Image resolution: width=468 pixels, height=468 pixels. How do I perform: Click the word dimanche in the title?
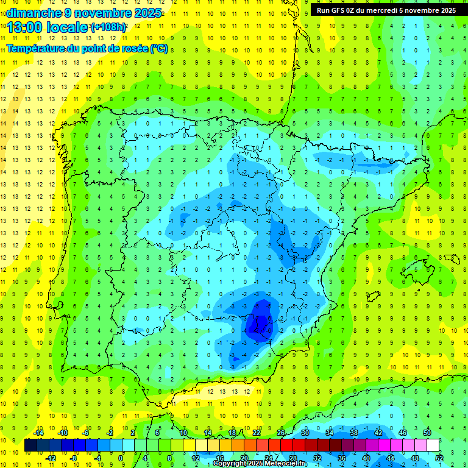click(29, 13)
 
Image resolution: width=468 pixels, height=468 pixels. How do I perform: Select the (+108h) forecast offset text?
click(108, 27)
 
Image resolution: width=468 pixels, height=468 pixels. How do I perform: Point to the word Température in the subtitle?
click(35, 49)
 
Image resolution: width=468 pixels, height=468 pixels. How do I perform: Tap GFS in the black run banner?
click(340, 10)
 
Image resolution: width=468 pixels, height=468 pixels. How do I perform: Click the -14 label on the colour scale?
click(38, 433)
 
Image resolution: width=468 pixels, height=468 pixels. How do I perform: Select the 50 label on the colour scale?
click(427, 433)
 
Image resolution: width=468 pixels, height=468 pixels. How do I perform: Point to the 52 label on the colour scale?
click(439, 458)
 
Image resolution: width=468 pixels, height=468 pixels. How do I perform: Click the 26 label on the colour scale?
click(281, 433)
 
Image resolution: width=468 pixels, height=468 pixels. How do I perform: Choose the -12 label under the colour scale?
click(51, 458)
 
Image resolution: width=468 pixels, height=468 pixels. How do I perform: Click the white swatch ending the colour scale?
click(433, 445)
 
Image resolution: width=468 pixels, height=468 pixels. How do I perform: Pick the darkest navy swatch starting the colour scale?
click(30, 445)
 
